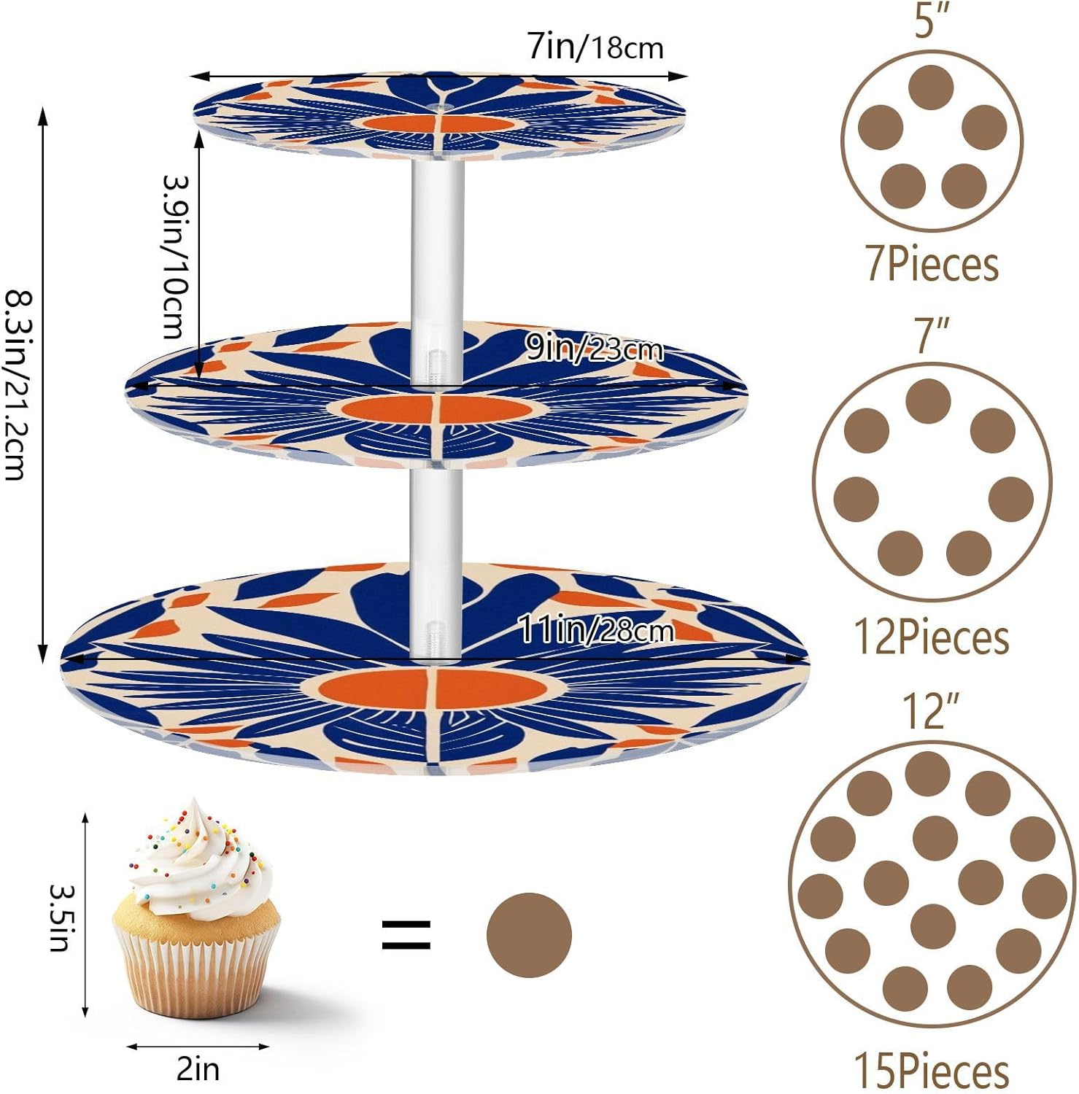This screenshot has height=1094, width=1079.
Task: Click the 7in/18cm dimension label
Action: pyautogui.click(x=595, y=47)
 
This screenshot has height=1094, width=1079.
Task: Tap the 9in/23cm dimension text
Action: pyautogui.click(x=595, y=349)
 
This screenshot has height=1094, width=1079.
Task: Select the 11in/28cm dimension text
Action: pyautogui.click(x=595, y=629)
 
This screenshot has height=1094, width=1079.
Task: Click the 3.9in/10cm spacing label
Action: pyautogui.click(x=176, y=257)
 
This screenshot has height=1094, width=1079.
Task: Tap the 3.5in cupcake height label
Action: pyautogui.click(x=61, y=917)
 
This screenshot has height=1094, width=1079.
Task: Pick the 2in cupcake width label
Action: pyautogui.click(x=198, y=1069)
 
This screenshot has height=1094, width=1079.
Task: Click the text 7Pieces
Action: pyautogui.click(x=932, y=264)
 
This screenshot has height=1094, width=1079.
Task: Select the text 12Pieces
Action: pyautogui.click(x=931, y=637)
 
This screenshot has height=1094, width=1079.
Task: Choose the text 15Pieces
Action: pyautogui.click(x=931, y=1071)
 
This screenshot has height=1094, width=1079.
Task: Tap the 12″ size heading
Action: pyautogui.click(x=930, y=710)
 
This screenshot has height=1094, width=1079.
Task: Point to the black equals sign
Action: pyautogui.click(x=406, y=934)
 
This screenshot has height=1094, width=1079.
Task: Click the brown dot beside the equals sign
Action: pyautogui.click(x=529, y=934)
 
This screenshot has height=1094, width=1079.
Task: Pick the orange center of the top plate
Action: pyautogui.click(x=438, y=124)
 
